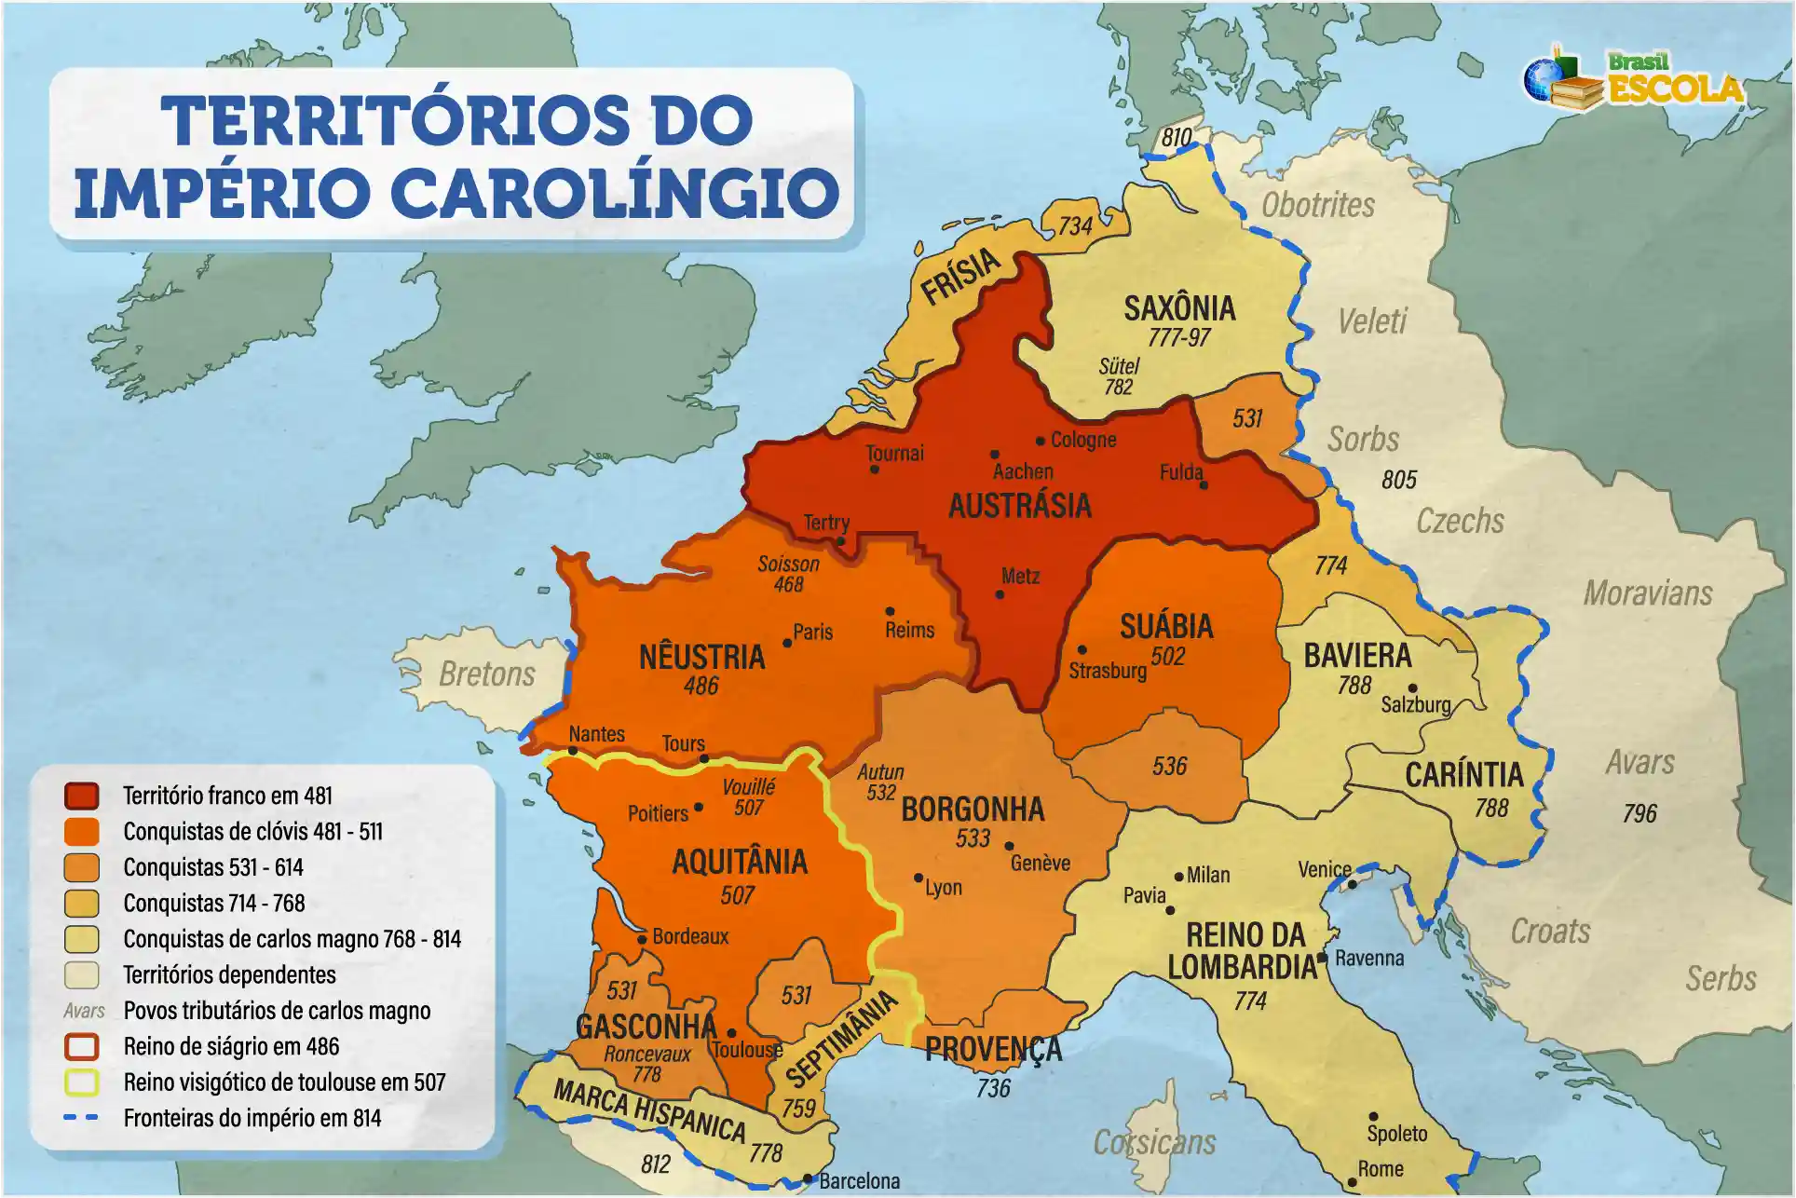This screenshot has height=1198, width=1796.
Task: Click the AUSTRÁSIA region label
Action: tap(1019, 506)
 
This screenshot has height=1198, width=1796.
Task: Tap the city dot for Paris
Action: tap(787, 643)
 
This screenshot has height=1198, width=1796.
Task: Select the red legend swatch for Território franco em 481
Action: tap(82, 796)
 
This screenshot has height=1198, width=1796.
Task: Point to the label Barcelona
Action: tap(859, 1180)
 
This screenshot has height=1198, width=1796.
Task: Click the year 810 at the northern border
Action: tap(1177, 138)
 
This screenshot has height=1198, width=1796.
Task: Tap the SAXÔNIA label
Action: tap(1179, 308)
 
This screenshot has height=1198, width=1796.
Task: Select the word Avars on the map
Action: tap(1640, 763)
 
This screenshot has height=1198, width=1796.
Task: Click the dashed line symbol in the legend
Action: tap(82, 1118)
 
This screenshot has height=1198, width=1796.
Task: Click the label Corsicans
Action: tap(1154, 1142)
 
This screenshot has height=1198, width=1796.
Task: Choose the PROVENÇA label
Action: tap(993, 1050)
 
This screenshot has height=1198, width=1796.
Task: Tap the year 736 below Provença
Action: tap(993, 1088)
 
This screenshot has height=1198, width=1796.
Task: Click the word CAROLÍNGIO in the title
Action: tap(615, 193)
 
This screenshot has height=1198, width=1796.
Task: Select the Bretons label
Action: tap(487, 674)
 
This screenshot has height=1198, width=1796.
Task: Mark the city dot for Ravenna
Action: tap(1323, 958)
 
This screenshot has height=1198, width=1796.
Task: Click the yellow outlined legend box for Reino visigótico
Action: tap(82, 1082)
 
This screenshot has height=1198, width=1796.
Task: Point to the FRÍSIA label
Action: tap(960, 277)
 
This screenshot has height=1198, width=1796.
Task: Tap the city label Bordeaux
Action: tap(690, 936)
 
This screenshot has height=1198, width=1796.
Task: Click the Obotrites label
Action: tap(1317, 205)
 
